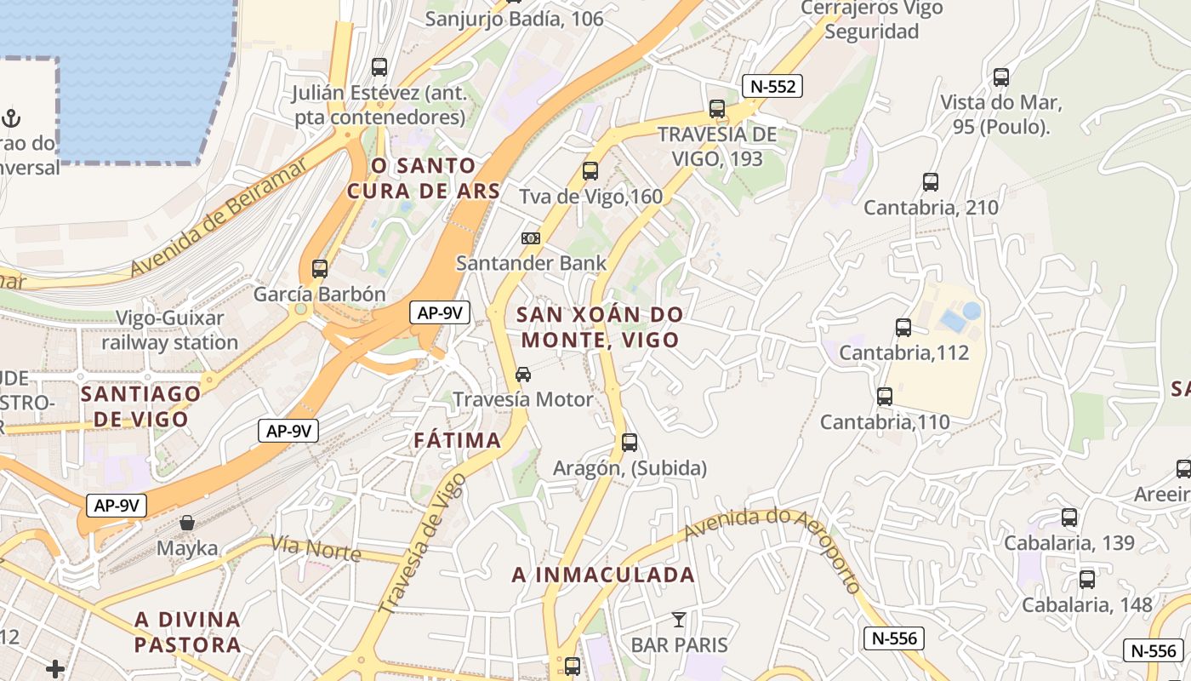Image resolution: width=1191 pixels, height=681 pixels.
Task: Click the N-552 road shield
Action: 772,86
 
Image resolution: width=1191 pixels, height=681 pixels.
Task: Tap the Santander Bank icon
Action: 531,238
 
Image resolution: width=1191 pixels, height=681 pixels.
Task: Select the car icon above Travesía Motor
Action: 523,374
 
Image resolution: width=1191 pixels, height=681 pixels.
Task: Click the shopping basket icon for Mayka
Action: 187,523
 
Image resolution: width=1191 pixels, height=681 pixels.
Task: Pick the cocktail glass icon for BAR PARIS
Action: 678,619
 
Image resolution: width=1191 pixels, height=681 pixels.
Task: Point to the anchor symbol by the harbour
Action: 12,117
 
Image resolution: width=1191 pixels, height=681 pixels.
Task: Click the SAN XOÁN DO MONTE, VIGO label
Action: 601,327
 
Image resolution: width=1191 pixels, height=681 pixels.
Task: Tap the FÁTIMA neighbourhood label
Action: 458,440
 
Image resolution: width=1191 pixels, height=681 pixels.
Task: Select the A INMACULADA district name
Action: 603,575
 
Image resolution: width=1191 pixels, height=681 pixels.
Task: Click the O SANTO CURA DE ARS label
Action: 423,178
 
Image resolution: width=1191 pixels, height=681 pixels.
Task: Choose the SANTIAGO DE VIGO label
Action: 140,406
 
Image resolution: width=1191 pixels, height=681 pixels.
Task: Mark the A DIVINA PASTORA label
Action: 188,631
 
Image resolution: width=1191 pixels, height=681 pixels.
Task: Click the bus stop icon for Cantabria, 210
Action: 931,181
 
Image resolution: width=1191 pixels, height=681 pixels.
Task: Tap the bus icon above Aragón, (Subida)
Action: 630,443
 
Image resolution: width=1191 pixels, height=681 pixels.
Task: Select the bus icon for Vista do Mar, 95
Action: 1001,77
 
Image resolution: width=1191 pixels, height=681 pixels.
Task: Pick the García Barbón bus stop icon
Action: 320,269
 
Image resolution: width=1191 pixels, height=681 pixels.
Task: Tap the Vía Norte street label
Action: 316,549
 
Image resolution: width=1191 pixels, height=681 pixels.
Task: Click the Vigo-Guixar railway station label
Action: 170,330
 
